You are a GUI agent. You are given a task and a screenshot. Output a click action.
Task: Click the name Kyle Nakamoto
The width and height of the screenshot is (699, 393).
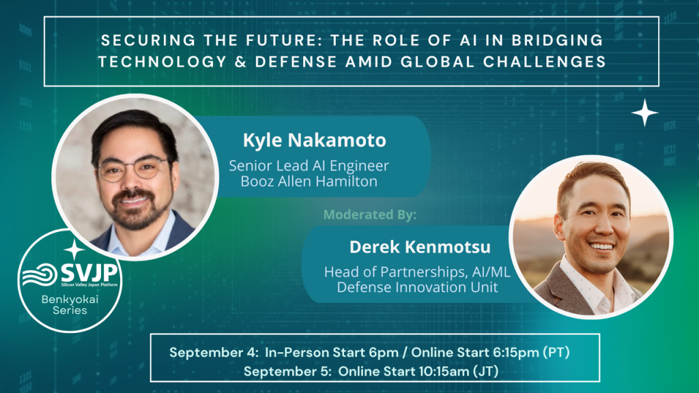pyautogui.click(x=314, y=141)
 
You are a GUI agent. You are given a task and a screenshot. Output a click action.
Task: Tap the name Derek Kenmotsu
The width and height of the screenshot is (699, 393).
pyautogui.click(x=420, y=247)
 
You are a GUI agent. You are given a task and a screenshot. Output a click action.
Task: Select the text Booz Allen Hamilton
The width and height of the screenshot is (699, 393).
pyautogui.click(x=309, y=181)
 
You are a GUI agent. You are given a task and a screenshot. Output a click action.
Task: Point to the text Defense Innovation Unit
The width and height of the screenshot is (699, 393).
pyautogui.click(x=417, y=287)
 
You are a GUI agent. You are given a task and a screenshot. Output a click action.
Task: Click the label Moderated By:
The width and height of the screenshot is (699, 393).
pyautogui.click(x=370, y=215)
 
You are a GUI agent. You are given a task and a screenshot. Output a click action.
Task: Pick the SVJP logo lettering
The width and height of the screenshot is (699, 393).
pyautogui.click(x=89, y=272)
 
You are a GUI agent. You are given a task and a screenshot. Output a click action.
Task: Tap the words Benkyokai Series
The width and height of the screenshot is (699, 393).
pyautogui.click(x=70, y=305)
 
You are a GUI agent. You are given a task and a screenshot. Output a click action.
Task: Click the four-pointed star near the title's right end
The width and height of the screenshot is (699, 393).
pyautogui.click(x=644, y=113)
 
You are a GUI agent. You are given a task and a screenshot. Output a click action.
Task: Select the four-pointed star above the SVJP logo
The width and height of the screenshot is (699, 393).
pyautogui.click(x=74, y=250)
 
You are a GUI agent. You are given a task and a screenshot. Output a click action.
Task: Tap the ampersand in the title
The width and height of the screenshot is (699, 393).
pyautogui.click(x=240, y=61)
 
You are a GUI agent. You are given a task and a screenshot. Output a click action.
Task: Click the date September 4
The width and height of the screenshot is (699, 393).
pyautogui.click(x=214, y=353)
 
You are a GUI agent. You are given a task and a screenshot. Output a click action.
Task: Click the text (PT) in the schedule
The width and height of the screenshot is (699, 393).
pyautogui.click(x=556, y=353)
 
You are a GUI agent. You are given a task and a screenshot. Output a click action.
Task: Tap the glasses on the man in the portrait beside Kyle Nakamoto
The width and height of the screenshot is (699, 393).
pyautogui.click(x=134, y=170)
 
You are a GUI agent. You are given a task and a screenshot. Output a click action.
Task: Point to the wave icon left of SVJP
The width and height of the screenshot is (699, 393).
pyautogui.click(x=40, y=274)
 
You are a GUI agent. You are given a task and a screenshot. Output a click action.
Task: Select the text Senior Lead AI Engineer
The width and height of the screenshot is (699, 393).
pyautogui.click(x=309, y=166)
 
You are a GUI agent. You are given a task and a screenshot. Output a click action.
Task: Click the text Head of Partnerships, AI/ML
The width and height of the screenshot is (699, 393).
pyautogui.click(x=417, y=272)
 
